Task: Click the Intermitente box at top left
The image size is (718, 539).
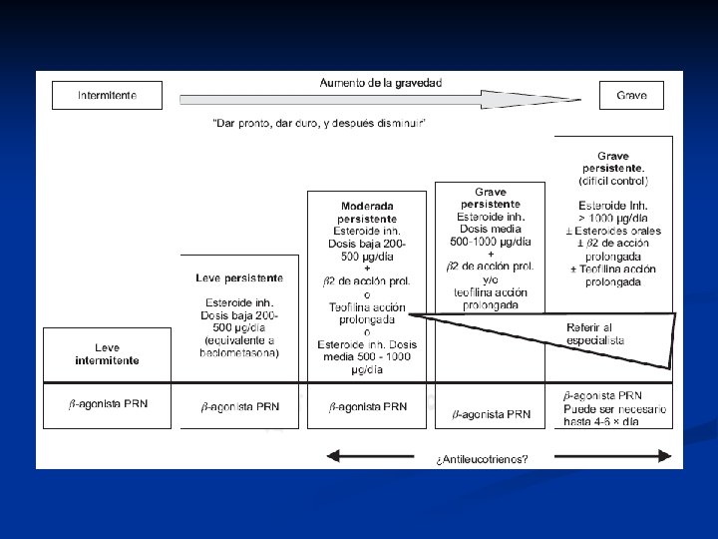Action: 107,96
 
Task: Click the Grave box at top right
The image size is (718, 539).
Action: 630,96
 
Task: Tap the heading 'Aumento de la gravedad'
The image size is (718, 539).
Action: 381,83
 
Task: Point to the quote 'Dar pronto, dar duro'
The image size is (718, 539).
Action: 320,122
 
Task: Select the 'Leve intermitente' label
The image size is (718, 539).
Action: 108,354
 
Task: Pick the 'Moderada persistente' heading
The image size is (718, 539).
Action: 367,212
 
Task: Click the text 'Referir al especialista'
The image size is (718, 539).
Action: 595,333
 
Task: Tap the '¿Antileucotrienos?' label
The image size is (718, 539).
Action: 482,460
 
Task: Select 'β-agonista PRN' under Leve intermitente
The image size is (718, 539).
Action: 108,404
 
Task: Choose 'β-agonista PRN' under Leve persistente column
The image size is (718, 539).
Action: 239,406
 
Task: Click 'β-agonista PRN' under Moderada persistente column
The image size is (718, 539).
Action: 368,406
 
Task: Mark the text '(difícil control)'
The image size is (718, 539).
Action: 613,182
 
